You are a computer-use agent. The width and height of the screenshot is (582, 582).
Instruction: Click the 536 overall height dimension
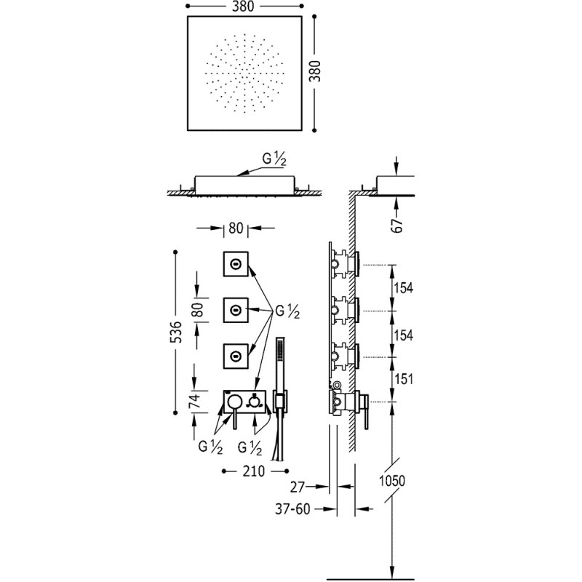pyautogui.click(x=178, y=332)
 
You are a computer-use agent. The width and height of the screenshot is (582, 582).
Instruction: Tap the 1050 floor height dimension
pyautogui.click(x=392, y=481)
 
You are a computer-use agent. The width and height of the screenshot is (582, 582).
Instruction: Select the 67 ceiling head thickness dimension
pyautogui.click(x=397, y=225)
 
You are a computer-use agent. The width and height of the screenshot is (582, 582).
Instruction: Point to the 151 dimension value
pyautogui.click(x=404, y=379)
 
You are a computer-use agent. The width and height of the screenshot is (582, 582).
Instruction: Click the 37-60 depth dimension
pyautogui.click(x=292, y=509)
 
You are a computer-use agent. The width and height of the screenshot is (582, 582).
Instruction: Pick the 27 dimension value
pyautogui.click(x=297, y=487)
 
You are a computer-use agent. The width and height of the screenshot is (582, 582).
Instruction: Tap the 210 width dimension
pyautogui.click(x=254, y=471)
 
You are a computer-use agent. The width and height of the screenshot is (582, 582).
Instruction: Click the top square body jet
pyautogui.click(x=236, y=264)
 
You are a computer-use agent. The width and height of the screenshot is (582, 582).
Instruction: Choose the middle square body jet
pyautogui.click(x=236, y=310)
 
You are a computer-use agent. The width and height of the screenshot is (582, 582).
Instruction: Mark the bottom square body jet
pyautogui.click(x=236, y=356)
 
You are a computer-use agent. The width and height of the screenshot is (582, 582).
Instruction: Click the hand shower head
pyautogui.click(x=279, y=357)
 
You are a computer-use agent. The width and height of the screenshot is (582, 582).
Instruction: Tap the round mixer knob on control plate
pyautogui.click(x=234, y=402)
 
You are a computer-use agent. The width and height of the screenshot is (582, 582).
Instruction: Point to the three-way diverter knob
pyautogui.click(x=254, y=402)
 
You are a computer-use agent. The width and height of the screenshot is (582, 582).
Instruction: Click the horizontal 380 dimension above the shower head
pyautogui.click(x=244, y=7)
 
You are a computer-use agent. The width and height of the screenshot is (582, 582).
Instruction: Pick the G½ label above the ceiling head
pyautogui.click(x=275, y=159)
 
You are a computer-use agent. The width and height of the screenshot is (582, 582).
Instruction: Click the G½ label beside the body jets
pyautogui.click(x=287, y=312)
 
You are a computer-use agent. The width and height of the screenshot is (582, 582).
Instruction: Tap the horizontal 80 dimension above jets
pyautogui.click(x=236, y=228)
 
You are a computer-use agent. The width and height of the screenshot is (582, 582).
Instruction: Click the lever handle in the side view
pyautogui.click(x=366, y=412)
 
